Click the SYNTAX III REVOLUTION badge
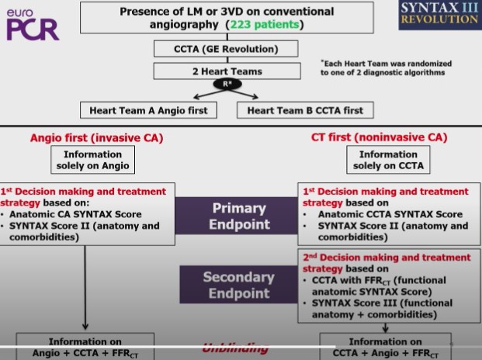click(x=439, y=15)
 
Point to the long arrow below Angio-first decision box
click(x=84, y=287)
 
